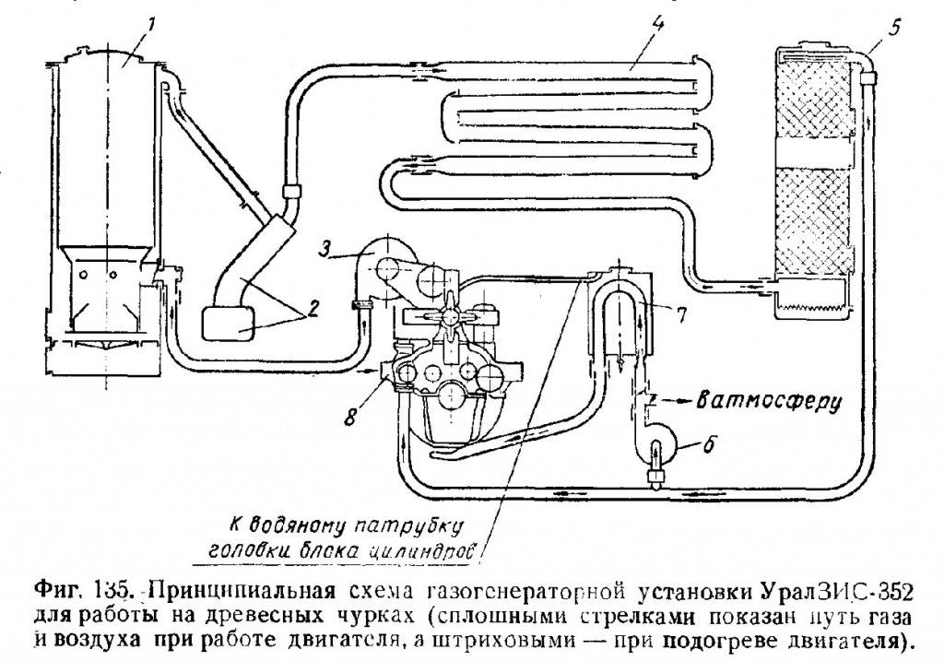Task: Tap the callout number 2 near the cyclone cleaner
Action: click(x=314, y=307)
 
